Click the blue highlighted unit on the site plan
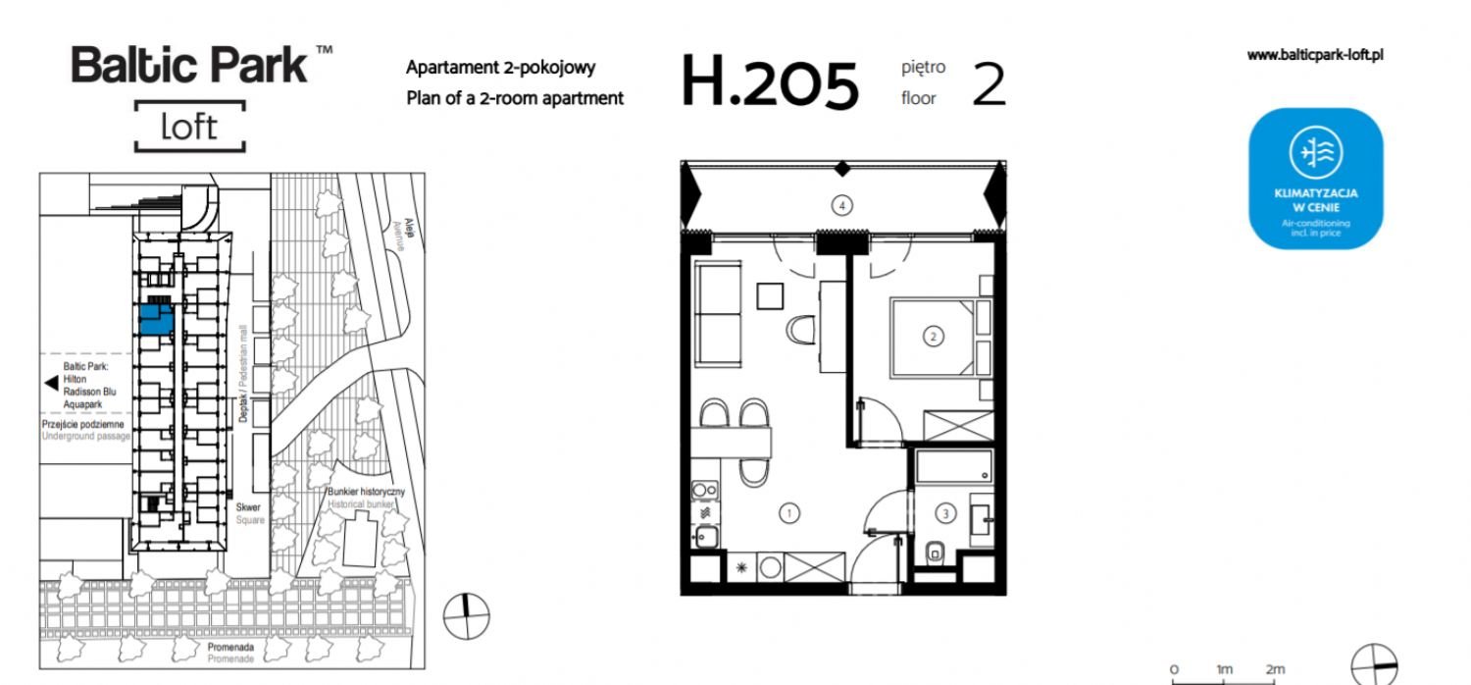(157, 320)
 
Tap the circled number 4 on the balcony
(841, 206)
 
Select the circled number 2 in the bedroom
(934, 337)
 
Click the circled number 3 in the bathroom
(945, 513)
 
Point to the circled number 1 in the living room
(788, 513)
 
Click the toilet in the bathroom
(936, 552)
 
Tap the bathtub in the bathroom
(954, 466)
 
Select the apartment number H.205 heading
(770, 82)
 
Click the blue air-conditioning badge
(1315, 179)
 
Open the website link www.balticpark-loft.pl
(1315, 55)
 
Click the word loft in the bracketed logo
(189, 127)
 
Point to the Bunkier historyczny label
(367, 491)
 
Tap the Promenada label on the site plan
(230, 647)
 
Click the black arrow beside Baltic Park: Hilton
(51, 383)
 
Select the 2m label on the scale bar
(1275, 669)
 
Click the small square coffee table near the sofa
(770, 296)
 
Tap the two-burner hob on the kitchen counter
(705, 490)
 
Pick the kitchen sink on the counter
(705, 537)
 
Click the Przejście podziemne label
(82, 424)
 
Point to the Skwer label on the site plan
(248, 506)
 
